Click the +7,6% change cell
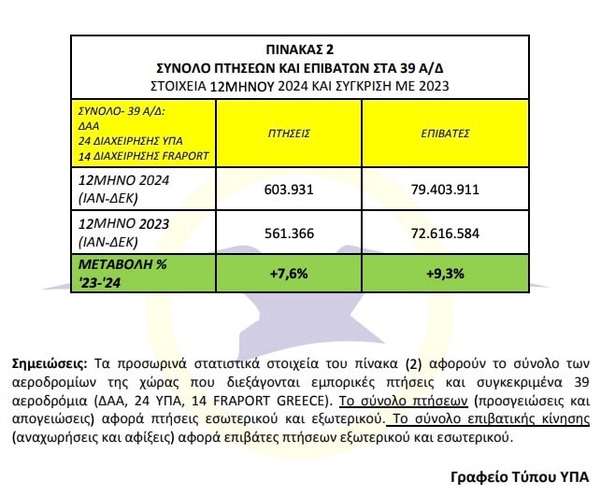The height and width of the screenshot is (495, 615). pos(288,273)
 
